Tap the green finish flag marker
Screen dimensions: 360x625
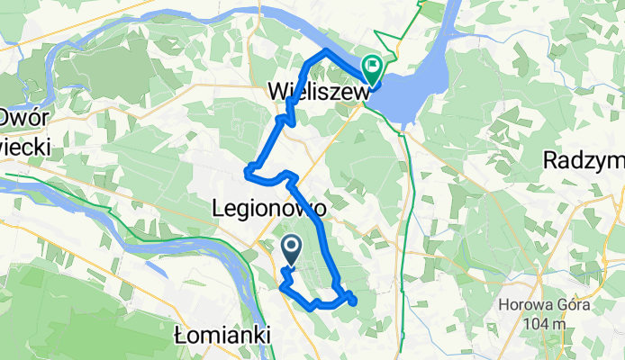coord(372,67)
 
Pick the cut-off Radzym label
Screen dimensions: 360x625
coord(584,159)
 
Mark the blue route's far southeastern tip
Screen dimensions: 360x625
coord(353,301)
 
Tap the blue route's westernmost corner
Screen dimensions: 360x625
coord(246,166)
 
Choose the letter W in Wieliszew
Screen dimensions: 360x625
coord(279,92)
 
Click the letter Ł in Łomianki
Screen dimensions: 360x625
coord(178,335)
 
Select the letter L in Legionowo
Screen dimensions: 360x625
coord(217,208)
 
